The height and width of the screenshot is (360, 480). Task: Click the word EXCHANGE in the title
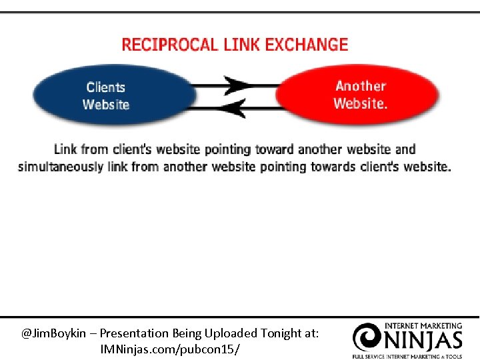[306, 45]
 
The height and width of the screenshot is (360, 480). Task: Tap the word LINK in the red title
[241, 45]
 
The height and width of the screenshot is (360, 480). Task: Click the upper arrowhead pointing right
[237, 85]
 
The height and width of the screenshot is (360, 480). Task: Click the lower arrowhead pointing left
[235, 107]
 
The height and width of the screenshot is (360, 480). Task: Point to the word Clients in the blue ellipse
[105, 87]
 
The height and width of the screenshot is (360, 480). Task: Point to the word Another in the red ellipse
[361, 86]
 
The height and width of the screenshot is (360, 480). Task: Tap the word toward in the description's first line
[275, 149]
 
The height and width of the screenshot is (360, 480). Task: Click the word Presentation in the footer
[133, 333]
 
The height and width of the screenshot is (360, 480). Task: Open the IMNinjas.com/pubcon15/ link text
[170, 349]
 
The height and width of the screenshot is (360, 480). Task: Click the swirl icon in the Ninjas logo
[367, 337]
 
